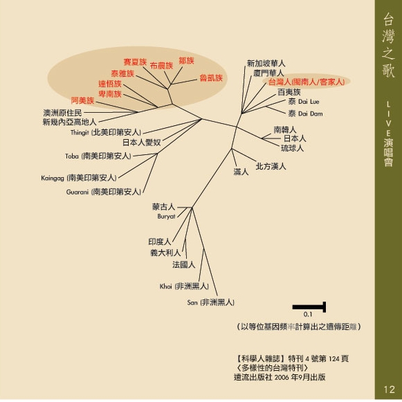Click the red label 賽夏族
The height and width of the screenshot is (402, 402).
[x=135, y=62]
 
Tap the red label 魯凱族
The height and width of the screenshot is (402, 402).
[x=211, y=77]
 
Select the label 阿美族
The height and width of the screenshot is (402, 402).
[x=82, y=100]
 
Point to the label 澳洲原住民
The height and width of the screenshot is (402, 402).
[x=62, y=113]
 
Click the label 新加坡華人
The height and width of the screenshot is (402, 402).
[x=266, y=64]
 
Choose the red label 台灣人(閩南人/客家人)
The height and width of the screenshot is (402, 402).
[x=307, y=82]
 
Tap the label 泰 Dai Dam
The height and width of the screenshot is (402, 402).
[x=305, y=113]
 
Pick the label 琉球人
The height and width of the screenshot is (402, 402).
[x=292, y=148]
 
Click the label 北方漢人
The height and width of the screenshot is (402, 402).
[x=271, y=166]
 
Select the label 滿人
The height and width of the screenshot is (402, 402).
[x=241, y=172]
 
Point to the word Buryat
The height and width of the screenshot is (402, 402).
[x=166, y=217]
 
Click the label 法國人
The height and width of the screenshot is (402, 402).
[x=184, y=264]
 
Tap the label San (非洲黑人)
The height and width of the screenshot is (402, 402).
[x=211, y=302]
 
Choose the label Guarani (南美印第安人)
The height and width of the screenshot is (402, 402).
[x=104, y=192]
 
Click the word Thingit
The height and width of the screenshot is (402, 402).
[x=80, y=133]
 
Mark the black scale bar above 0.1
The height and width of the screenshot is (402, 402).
[x=309, y=307]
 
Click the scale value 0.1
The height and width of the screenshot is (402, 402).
[x=308, y=314]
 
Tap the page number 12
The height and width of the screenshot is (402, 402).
[x=389, y=390]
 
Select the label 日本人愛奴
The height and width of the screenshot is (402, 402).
[x=142, y=143]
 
